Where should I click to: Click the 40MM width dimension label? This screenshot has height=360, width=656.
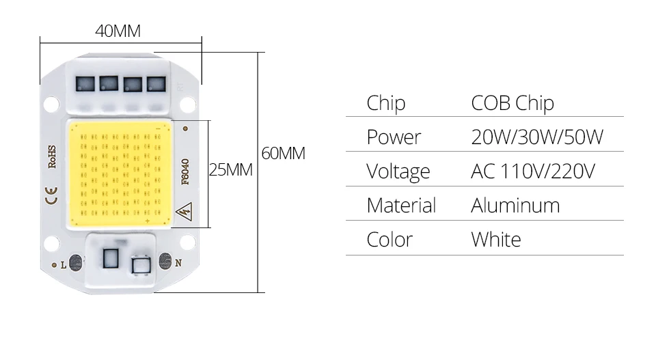(x=118, y=31)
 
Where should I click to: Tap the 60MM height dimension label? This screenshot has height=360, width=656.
(x=283, y=154)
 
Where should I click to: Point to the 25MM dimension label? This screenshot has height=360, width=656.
(x=230, y=170)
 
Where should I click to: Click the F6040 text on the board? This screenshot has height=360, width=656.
(x=184, y=171)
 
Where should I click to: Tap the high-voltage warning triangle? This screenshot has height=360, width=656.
(x=184, y=212)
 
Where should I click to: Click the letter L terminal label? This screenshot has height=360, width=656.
(x=64, y=264)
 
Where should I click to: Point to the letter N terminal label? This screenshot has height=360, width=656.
(x=178, y=262)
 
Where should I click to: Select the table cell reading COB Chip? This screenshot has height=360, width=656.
(x=512, y=103)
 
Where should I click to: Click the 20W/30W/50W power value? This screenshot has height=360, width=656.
(x=537, y=137)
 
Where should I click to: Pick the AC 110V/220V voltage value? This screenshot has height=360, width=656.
(x=533, y=171)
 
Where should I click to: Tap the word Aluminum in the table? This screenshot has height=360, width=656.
(x=515, y=206)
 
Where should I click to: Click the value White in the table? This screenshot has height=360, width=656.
(x=495, y=240)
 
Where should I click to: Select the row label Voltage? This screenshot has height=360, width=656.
(x=398, y=171)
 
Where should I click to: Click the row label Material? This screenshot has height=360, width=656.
(x=401, y=206)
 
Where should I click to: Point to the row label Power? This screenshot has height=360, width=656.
(x=394, y=137)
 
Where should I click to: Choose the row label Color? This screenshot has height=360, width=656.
(x=389, y=240)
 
